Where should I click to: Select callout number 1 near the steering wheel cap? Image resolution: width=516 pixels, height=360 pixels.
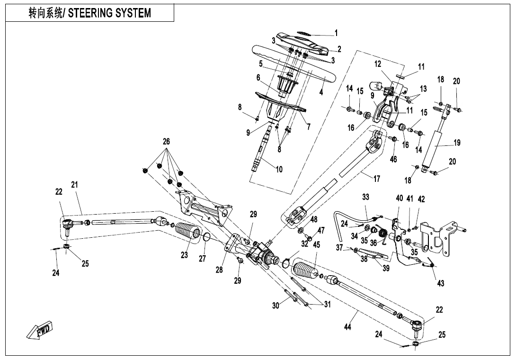[x=336, y=33]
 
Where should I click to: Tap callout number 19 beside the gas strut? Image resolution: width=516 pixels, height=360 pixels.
[x=457, y=143]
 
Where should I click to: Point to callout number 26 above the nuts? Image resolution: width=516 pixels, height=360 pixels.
[x=166, y=142]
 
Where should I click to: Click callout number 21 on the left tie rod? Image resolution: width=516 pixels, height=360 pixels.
[x=75, y=185]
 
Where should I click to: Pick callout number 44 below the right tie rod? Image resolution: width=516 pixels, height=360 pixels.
[x=347, y=327]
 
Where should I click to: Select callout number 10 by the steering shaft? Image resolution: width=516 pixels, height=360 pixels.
[x=279, y=170]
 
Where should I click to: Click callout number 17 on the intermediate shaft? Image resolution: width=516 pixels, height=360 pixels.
[x=377, y=179]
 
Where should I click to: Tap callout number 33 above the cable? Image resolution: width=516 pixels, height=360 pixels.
[x=365, y=197]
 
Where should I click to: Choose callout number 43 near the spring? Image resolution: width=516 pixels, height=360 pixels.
[x=441, y=283]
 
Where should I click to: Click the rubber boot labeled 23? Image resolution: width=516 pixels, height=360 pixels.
[x=189, y=234]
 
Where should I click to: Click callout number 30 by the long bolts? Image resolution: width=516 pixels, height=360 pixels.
[x=276, y=306]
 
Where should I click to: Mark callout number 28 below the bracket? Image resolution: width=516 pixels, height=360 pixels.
[x=219, y=270]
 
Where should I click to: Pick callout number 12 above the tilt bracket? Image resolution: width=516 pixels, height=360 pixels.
[x=378, y=63]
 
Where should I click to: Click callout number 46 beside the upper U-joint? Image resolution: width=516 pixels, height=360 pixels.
[x=393, y=159]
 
